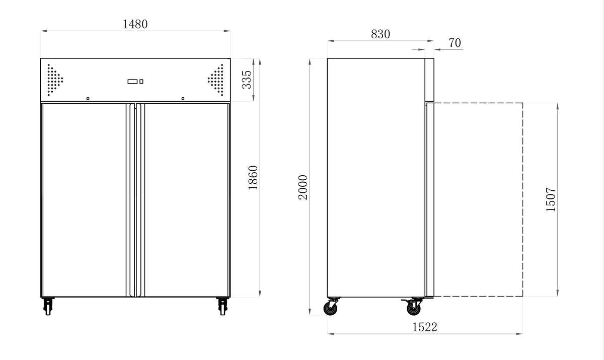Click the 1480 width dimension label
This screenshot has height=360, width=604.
135,24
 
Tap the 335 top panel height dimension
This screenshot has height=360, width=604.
247,80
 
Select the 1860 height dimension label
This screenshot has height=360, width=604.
253,177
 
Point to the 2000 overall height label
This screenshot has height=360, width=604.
303,187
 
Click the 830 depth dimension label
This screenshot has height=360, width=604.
381,34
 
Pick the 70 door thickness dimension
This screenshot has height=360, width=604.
454,43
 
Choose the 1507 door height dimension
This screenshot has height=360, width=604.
551,199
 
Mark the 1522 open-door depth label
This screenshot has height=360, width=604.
425,327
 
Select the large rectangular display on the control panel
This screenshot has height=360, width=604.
132,82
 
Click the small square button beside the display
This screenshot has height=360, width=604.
141,82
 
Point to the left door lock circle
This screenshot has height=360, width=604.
88,99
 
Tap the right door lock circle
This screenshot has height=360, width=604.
183,99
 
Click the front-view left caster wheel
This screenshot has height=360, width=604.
48,306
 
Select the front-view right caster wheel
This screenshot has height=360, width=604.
222,306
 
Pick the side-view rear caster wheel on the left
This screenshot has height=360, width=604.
332,308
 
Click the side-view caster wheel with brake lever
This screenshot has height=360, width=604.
414,307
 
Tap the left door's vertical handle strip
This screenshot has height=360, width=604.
131,200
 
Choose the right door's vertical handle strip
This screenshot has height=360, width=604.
139,200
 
